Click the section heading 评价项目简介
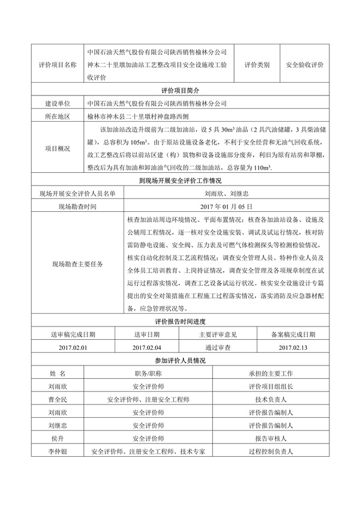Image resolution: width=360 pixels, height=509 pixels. [x=180, y=90]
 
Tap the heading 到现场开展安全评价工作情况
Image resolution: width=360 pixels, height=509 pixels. [x=180, y=179]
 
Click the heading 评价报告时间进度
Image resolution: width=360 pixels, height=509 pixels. [x=180, y=322]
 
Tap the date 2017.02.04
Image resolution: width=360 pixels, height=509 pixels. [x=147, y=348]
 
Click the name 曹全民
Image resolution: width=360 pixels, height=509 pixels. [x=58, y=399]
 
